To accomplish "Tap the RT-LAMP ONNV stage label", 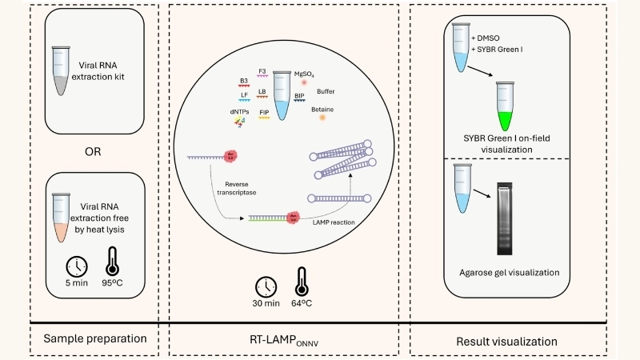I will (285, 340).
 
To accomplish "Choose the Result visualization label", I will (506, 340).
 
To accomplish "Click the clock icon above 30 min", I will (266, 286).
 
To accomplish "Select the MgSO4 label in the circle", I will (305, 72).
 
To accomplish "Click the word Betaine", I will (322, 110).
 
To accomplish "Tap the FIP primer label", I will (263, 113).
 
